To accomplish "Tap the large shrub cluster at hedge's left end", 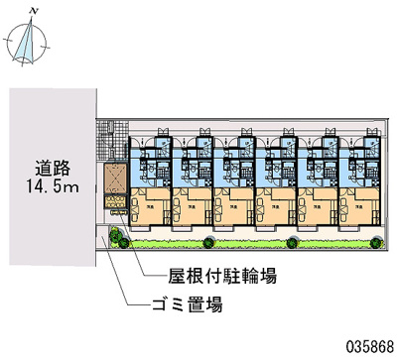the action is pyautogui.click(x=117, y=237).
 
